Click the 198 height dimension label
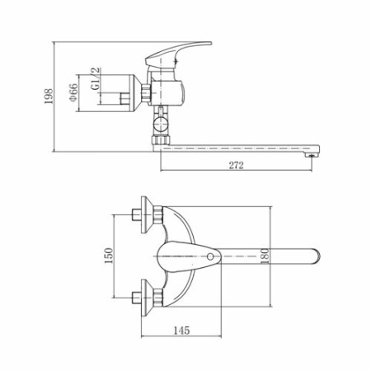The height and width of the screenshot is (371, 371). coord(49,96)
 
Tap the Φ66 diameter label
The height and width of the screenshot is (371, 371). coord(73,92)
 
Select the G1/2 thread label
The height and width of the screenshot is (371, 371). coord(96,78)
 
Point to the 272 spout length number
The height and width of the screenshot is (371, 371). coord(237,165)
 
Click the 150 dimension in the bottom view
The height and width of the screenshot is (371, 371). coord(109,256)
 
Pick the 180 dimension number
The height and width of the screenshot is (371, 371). coord(265,256)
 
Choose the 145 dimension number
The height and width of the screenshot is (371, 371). coord(181,330)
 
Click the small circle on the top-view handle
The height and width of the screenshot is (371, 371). coord(210,256)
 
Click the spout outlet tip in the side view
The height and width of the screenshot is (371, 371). coord(312,155)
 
